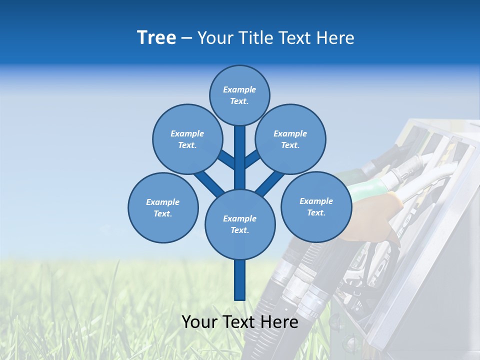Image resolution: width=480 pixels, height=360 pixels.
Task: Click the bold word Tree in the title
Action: (156, 37)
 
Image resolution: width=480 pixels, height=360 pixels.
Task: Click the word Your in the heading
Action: (215, 38)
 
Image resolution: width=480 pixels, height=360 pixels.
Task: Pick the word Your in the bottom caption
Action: (199, 322)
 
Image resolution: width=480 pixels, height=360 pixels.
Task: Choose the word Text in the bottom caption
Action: (238, 322)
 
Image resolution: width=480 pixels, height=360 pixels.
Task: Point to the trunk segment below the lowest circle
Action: (240, 280)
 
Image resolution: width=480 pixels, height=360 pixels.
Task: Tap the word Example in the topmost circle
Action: (239, 89)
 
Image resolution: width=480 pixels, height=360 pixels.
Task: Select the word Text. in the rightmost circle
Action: (316, 212)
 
